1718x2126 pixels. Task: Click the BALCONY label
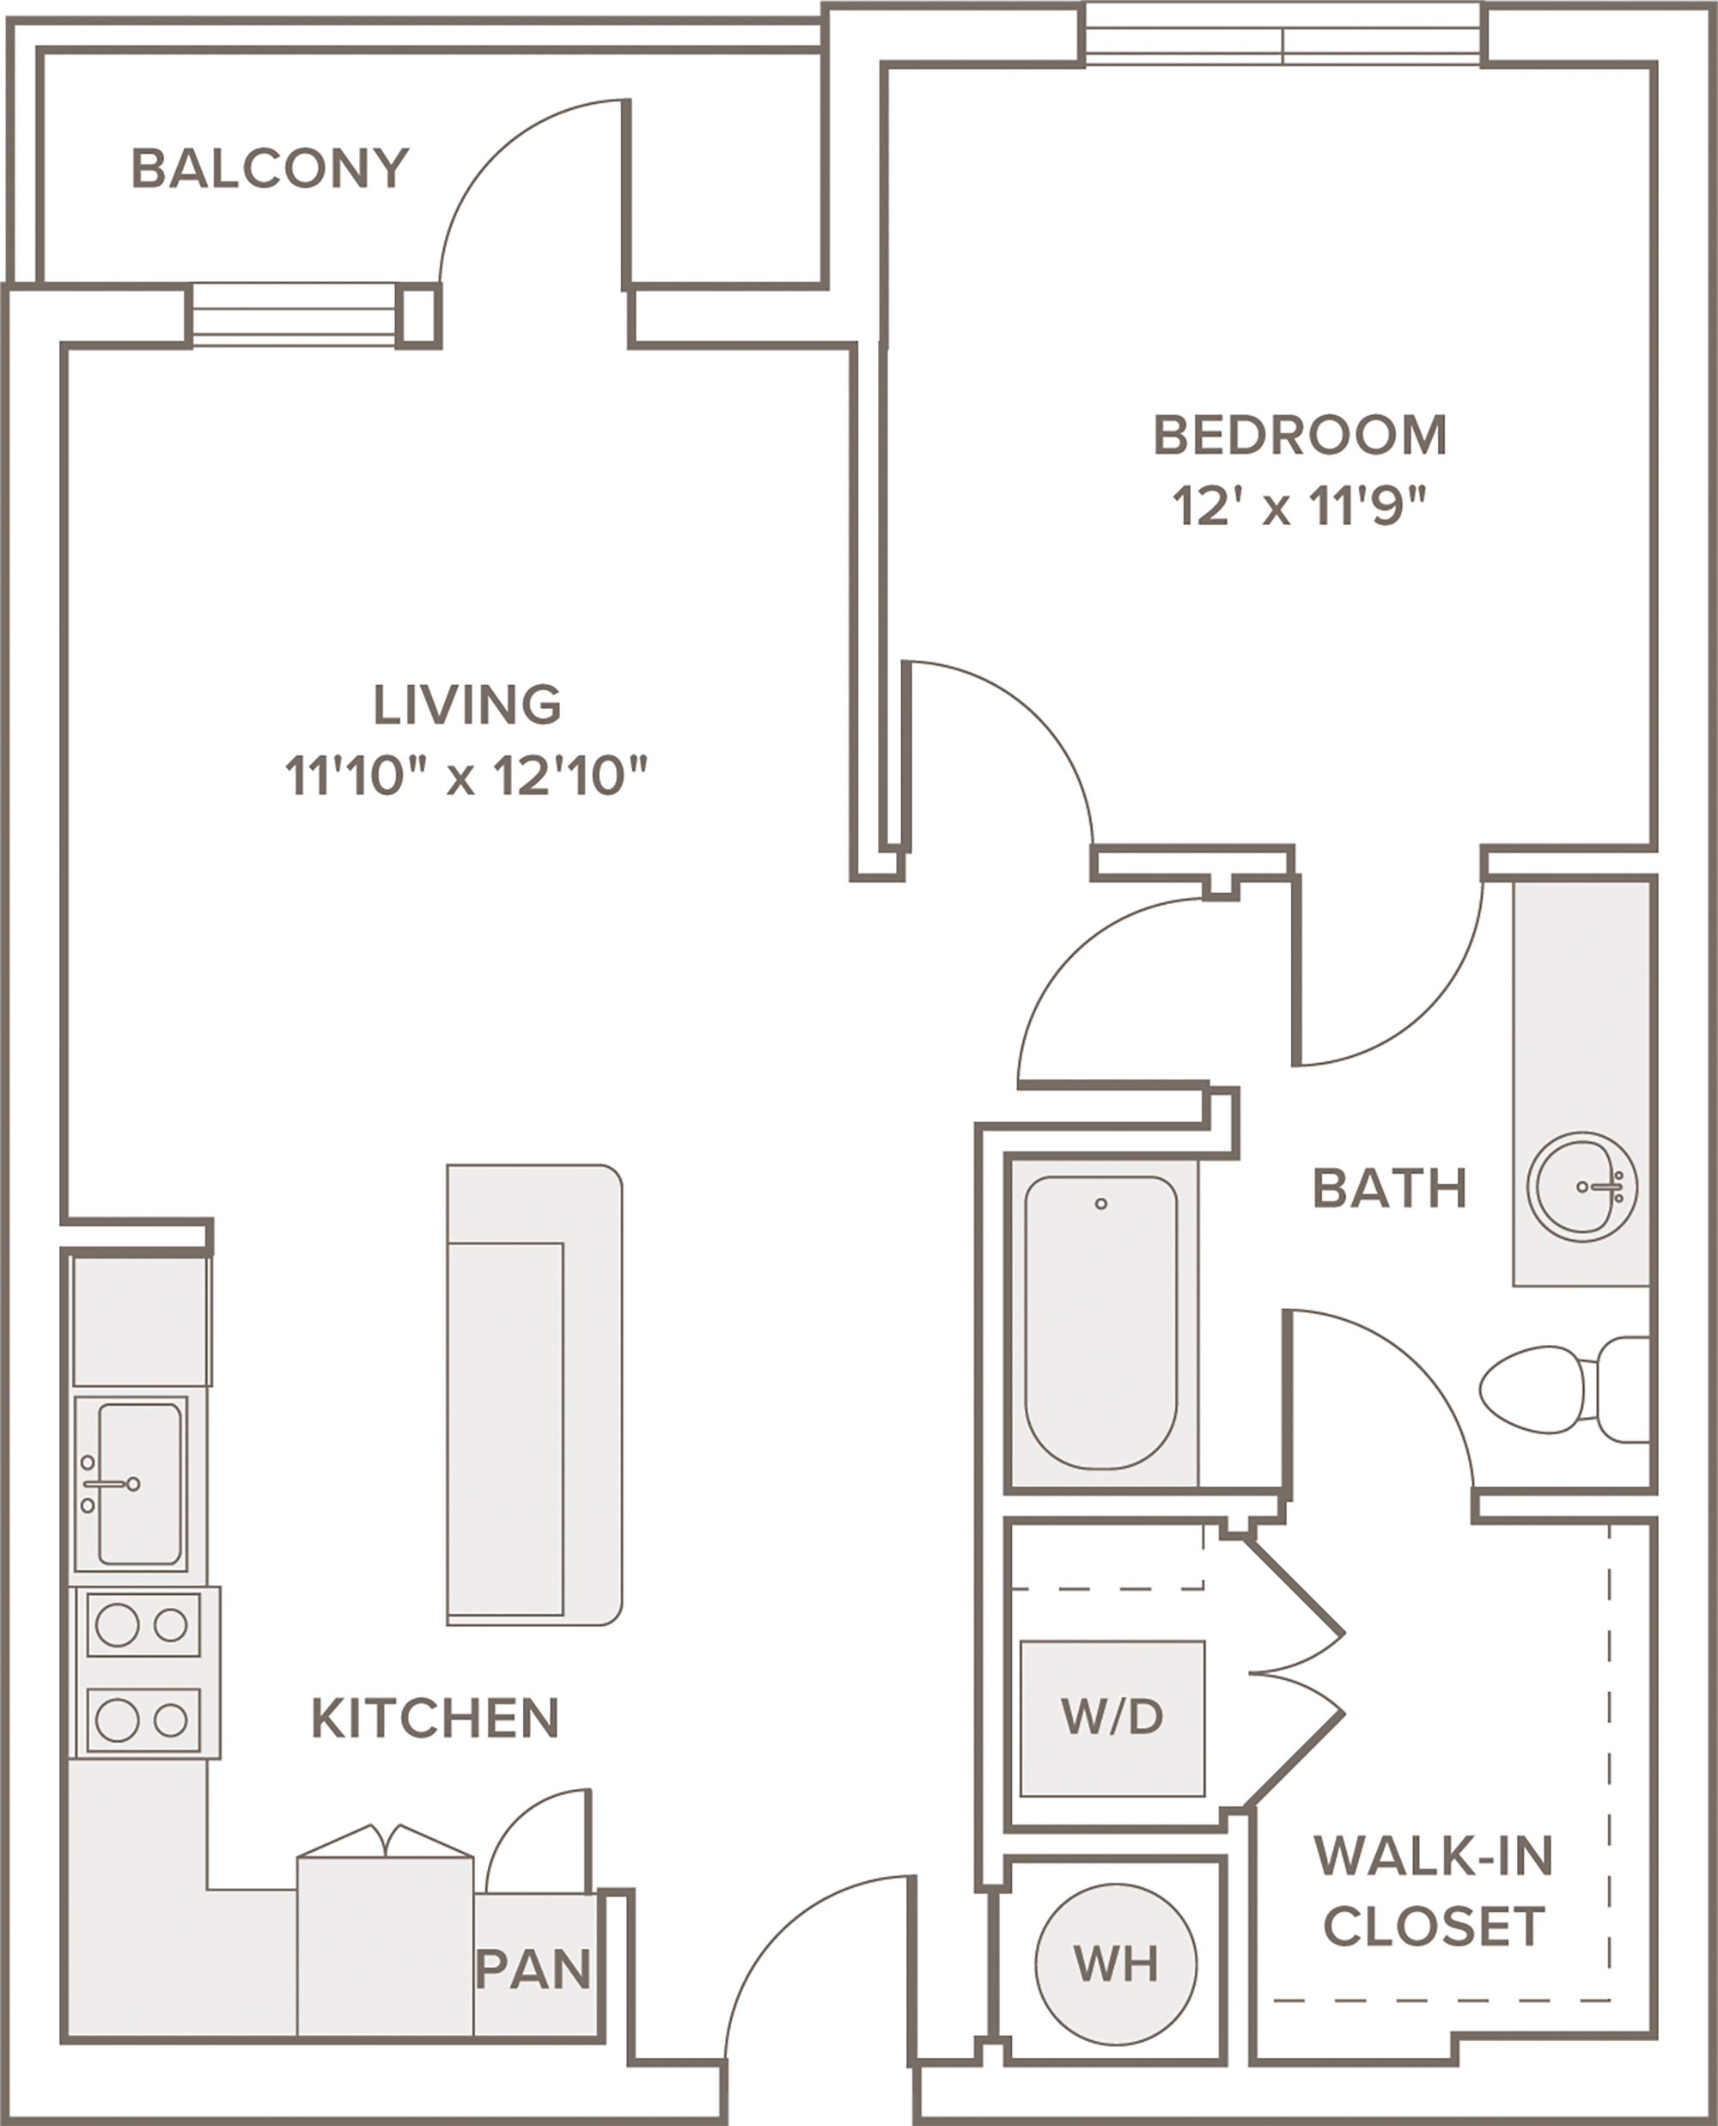point(271,168)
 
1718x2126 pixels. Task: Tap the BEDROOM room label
point(1301,436)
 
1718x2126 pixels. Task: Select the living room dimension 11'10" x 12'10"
point(466,776)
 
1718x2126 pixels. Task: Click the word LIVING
point(467,705)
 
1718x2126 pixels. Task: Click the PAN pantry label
point(533,1970)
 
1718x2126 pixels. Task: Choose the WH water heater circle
point(1115,1963)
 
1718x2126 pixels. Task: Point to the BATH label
point(1390,1188)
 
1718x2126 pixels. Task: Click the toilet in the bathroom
point(1563,1390)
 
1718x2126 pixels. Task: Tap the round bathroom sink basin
point(1581,1186)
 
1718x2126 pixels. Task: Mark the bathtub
point(1100,1323)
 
